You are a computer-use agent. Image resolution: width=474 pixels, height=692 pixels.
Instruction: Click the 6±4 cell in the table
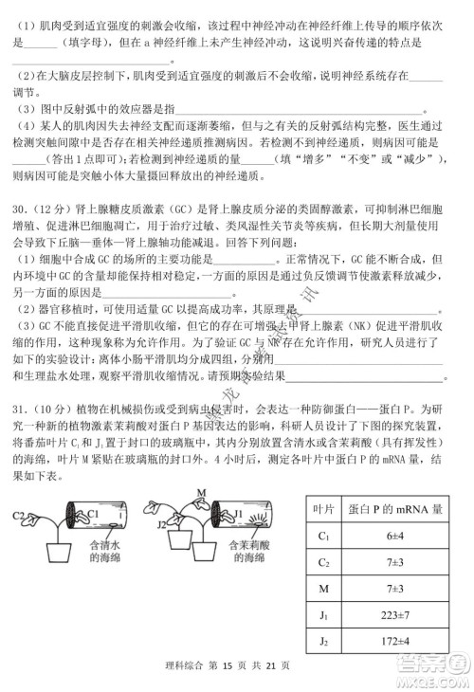[x=395, y=537]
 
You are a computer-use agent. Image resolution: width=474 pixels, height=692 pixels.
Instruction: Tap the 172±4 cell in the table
[x=395, y=644]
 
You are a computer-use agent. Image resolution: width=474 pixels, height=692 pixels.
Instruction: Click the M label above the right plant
[x=200, y=492]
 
